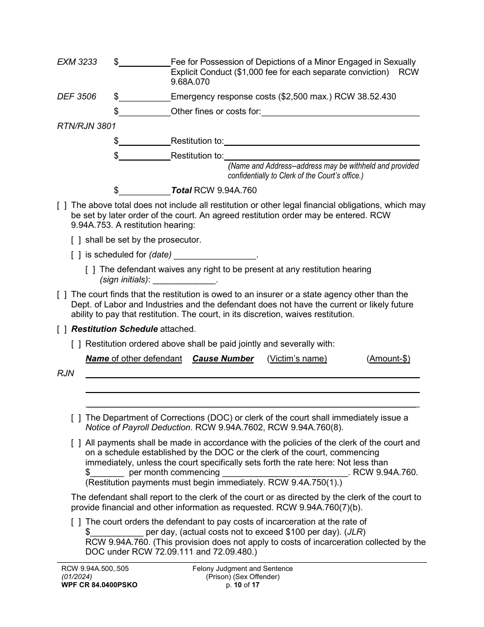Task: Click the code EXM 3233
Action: (77, 62)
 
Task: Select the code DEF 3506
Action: (76, 96)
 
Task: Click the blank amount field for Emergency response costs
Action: (145, 97)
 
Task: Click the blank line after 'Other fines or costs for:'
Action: (340, 112)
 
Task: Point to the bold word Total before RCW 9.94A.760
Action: (181, 191)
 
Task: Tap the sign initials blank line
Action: (184, 280)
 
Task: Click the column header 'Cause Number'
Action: (223, 359)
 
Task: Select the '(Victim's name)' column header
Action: (297, 359)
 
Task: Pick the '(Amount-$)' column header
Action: (388, 359)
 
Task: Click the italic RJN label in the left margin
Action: (66, 374)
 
